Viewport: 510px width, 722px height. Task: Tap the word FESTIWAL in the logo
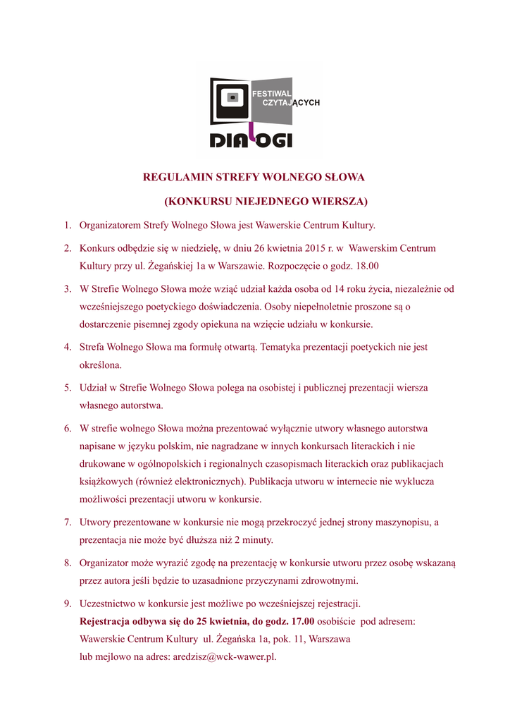pos(272,93)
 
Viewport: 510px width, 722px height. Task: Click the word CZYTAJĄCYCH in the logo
pos(291,103)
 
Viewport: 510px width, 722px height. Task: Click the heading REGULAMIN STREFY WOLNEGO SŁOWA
pos(254,176)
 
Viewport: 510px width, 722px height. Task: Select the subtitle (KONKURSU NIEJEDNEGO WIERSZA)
pos(266,201)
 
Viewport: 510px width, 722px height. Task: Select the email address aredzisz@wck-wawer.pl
pos(225,656)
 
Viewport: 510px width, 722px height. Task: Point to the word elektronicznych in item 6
pos(208,482)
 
